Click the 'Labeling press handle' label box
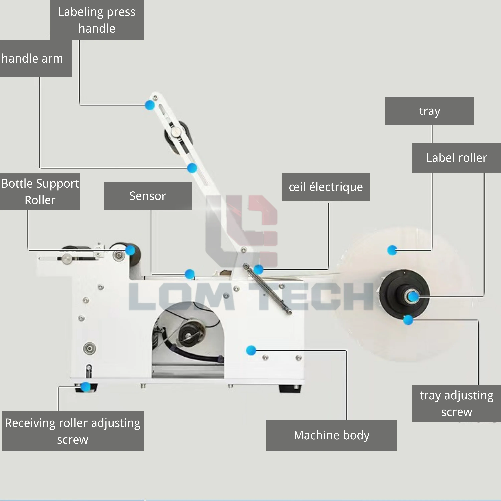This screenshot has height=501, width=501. [x=97, y=20]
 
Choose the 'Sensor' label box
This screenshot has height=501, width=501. [x=148, y=196]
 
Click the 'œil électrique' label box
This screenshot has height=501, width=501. [x=326, y=187]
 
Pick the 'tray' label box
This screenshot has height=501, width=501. [x=429, y=111]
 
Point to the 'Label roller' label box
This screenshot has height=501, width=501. [x=456, y=158]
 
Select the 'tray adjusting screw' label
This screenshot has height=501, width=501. [x=456, y=403]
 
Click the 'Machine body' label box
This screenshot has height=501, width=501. [x=331, y=435]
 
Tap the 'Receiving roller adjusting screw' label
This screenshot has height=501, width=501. [x=73, y=431]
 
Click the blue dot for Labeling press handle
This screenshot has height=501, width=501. [x=150, y=105]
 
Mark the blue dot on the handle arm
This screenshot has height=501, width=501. [x=192, y=168]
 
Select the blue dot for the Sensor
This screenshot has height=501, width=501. [x=190, y=274]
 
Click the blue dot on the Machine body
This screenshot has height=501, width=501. [x=251, y=350]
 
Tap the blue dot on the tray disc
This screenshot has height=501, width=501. [x=392, y=250]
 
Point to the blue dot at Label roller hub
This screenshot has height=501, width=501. [x=413, y=296]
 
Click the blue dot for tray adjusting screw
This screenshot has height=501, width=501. [x=408, y=320]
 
